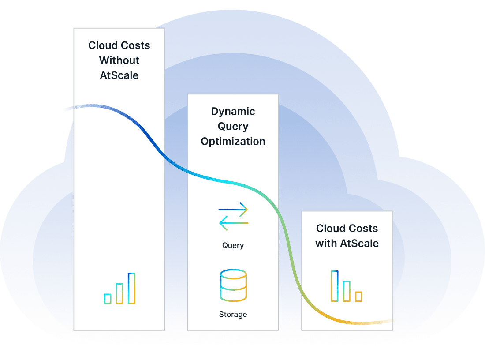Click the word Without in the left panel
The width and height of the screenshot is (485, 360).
119,60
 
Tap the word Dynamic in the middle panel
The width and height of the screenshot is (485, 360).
233,112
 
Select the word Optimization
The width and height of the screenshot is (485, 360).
233,142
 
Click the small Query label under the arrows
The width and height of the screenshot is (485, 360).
233,245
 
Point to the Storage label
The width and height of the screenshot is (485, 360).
233,315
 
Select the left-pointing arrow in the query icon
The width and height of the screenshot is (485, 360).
233,223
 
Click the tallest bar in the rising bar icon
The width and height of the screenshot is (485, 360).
131,288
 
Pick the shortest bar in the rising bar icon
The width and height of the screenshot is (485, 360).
108,299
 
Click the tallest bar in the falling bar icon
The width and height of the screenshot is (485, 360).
335,286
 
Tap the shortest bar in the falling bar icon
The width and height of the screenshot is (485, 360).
358,296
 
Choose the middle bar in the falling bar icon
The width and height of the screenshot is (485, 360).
347,291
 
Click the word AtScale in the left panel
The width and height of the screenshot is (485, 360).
119,75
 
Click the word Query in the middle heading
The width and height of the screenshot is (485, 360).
233,127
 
